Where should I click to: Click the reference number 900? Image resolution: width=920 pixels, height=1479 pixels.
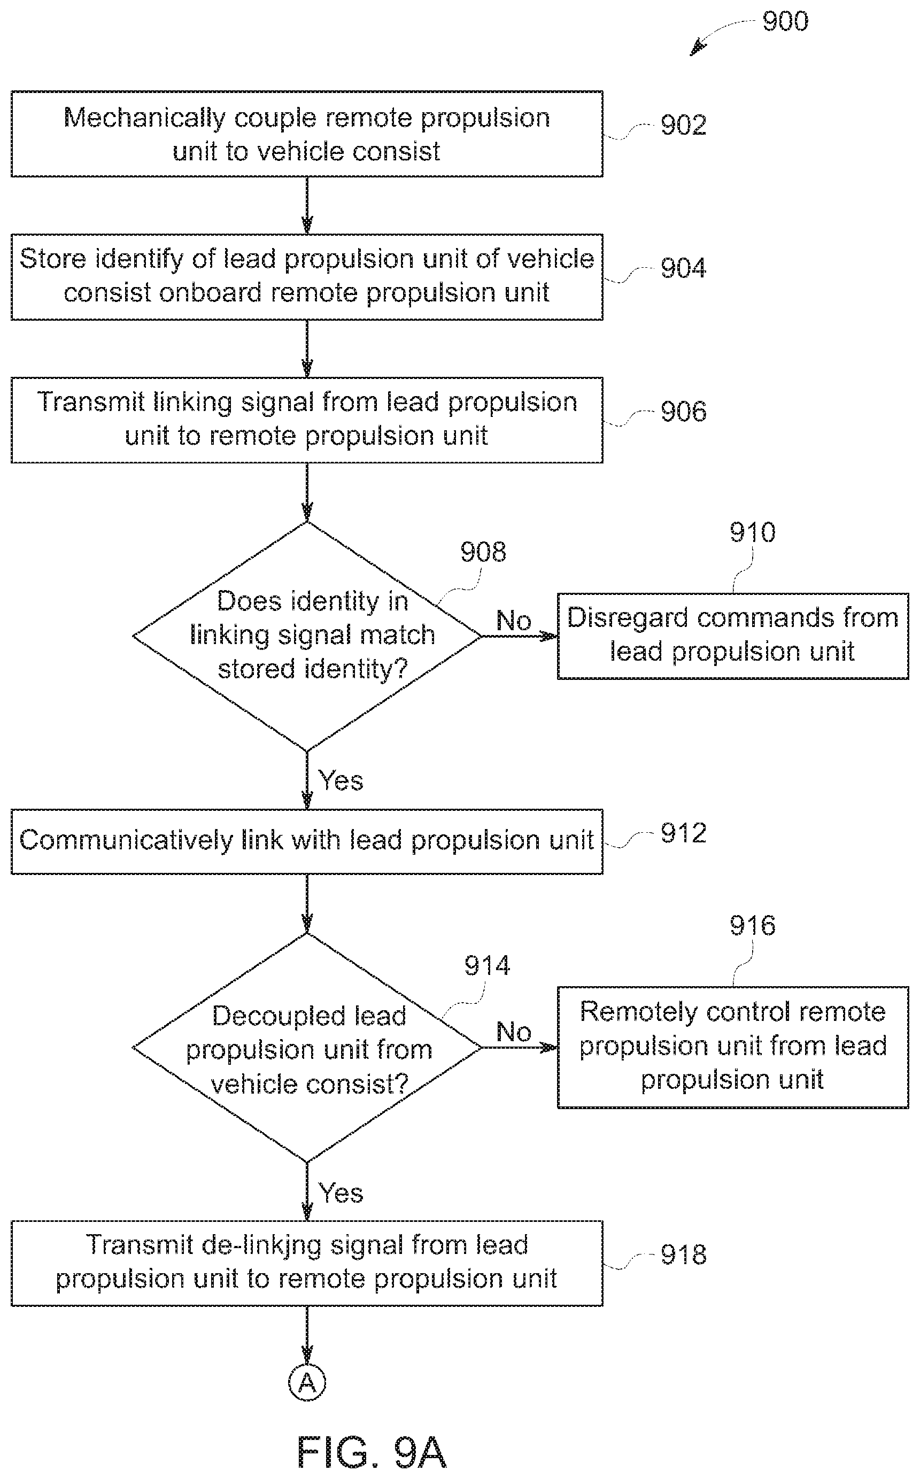(x=785, y=22)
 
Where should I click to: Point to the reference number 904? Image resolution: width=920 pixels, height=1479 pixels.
(x=683, y=268)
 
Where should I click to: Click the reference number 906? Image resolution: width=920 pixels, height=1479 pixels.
(x=683, y=411)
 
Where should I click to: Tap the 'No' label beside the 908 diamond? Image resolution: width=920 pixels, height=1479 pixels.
(x=514, y=621)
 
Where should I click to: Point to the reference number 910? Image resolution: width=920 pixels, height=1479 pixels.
(x=753, y=533)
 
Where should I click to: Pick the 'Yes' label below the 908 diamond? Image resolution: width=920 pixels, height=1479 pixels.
(x=341, y=780)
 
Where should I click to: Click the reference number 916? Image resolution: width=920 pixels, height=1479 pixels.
(x=753, y=926)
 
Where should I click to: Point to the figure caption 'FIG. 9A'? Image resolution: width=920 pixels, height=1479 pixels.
(x=371, y=1453)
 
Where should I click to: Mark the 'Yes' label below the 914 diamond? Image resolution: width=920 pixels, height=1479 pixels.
(x=341, y=1193)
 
